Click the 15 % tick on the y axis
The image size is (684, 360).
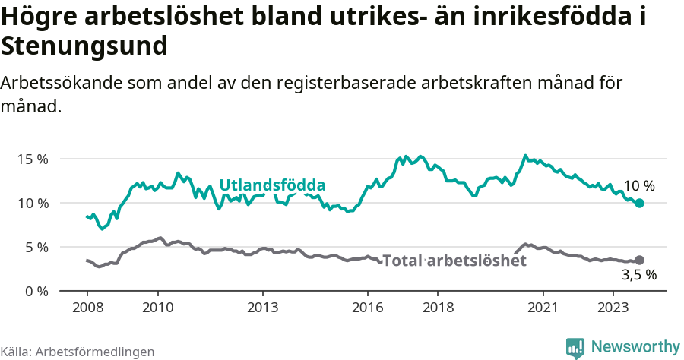coord(33,159)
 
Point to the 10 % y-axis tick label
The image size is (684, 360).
coord(33,204)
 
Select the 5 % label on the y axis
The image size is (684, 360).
coord(36,248)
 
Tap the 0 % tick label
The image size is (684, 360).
coord(36,292)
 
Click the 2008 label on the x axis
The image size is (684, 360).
coord(87,308)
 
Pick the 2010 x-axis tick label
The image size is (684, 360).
coord(157,308)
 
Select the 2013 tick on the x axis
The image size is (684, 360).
coord(262,308)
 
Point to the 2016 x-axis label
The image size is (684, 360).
coord(368,308)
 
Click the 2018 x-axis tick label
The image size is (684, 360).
coord(438,308)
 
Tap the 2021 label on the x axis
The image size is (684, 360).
coord(543,308)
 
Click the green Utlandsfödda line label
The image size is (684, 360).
coord(272,185)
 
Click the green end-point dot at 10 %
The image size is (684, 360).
coord(639,203)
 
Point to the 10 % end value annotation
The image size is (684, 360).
coord(638,186)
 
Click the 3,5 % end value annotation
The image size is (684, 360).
coord(638,276)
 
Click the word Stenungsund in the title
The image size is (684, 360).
coord(84,46)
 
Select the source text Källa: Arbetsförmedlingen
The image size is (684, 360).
coord(78,352)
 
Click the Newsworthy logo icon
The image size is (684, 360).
coord(575,347)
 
